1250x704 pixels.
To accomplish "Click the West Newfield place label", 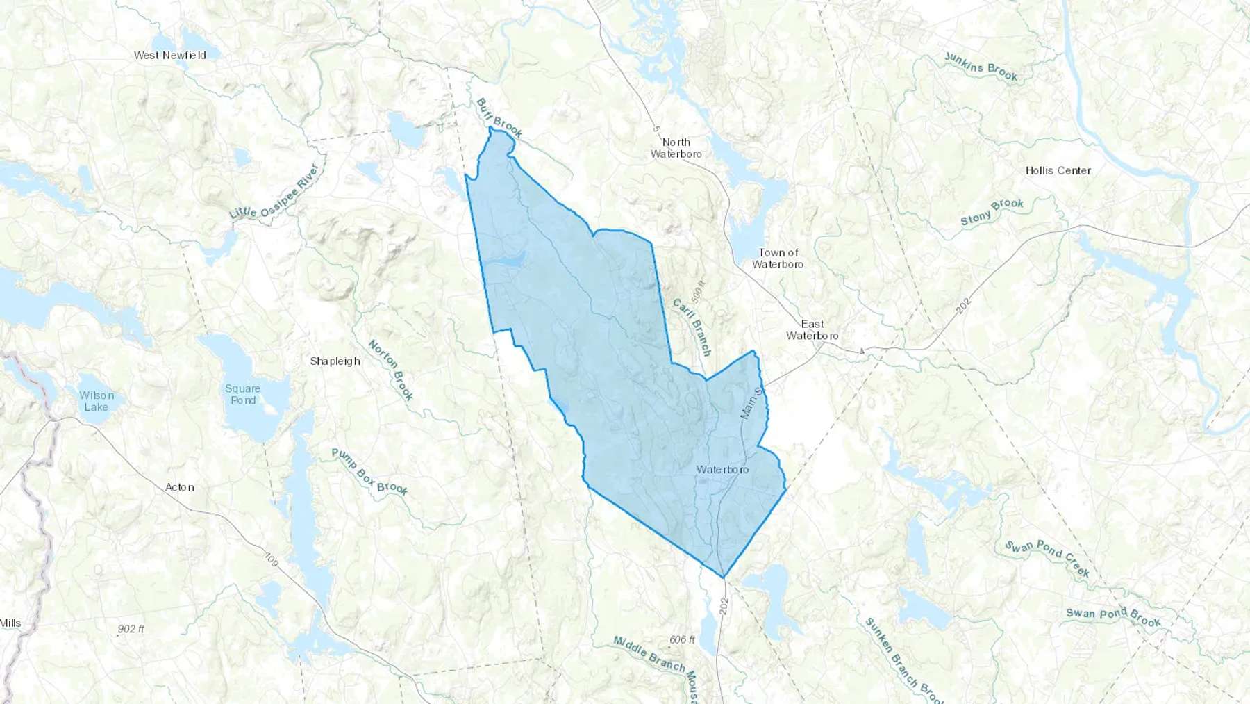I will pyautogui.click(x=170, y=55).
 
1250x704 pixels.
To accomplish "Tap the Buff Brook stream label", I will pyautogui.click(x=499, y=117).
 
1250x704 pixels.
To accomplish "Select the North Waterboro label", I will pyautogui.click(x=676, y=148).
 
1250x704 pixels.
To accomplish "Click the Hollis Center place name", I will pyautogui.click(x=1058, y=170).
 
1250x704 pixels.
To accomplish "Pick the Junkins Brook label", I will pyautogui.click(x=981, y=67).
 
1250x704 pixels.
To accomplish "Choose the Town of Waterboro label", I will pyautogui.click(x=778, y=259).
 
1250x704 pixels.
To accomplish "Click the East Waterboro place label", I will pyautogui.click(x=812, y=329).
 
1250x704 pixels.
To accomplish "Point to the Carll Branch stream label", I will pyautogui.click(x=692, y=327).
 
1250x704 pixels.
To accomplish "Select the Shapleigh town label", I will pyautogui.click(x=335, y=361).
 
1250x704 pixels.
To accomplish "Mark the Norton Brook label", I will pyautogui.click(x=390, y=370).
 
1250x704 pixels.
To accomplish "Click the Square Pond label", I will pyautogui.click(x=243, y=394).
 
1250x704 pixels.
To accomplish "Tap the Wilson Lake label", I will pyautogui.click(x=96, y=400).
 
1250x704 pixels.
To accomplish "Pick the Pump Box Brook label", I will pyautogui.click(x=369, y=471).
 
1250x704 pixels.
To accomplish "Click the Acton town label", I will pyautogui.click(x=179, y=487).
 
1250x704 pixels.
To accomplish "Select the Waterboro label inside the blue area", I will pyautogui.click(x=722, y=470).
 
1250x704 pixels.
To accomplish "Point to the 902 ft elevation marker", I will pyautogui.click(x=131, y=629).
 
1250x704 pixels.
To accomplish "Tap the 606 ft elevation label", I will pyautogui.click(x=682, y=639).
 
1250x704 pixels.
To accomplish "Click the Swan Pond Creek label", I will pyautogui.click(x=1047, y=559).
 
